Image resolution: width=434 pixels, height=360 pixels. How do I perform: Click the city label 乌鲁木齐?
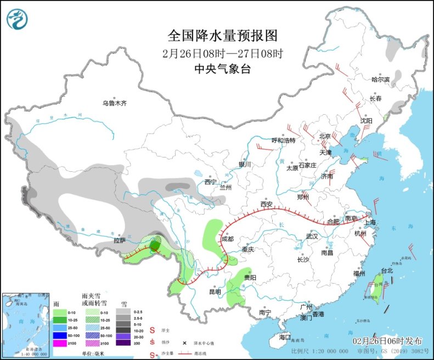(114, 103)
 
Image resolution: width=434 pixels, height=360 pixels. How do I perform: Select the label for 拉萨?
(120, 240)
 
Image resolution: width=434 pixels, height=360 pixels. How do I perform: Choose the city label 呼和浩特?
(284, 140)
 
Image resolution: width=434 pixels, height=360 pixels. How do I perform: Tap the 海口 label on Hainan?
(284, 336)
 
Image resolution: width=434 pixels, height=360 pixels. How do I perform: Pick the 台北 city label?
(387, 271)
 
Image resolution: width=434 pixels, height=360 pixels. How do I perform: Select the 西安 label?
(267, 204)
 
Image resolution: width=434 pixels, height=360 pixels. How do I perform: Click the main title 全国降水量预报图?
(223, 36)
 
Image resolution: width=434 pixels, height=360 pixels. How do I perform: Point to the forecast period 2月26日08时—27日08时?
(223, 54)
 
